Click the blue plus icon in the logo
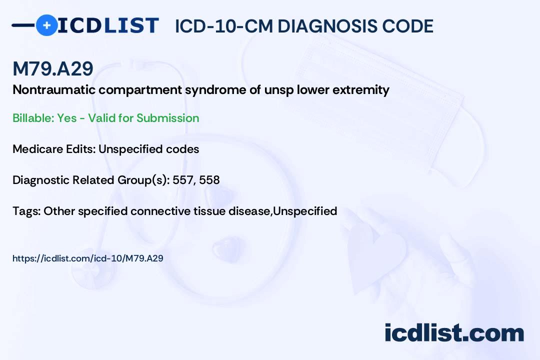point(46,25)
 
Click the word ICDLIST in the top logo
point(108,25)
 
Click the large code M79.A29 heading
point(53,68)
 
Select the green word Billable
point(33,118)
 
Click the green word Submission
point(167,118)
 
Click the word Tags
point(26,211)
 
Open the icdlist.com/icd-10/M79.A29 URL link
point(88,258)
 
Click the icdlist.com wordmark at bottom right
point(454,332)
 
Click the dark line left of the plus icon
point(23,25)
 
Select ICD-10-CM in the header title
point(223,26)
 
